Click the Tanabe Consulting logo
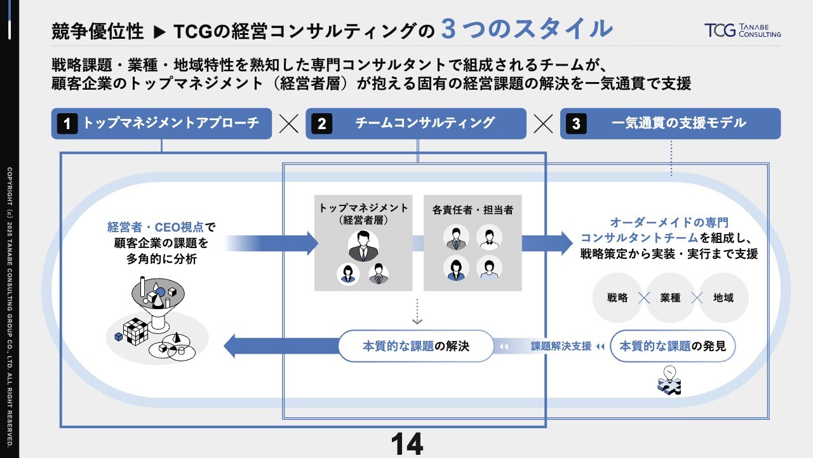(742, 30)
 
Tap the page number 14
(406, 444)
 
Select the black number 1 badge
(67, 123)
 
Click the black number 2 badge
(321, 123)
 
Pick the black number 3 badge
(576, 123)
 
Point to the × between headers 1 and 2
(289, 123)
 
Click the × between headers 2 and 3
(544, 123)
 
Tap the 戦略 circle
(617, 298)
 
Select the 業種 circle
(670, 298)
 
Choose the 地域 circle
(723, 298)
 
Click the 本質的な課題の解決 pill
(415, 346)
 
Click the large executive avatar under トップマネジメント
(363, 246)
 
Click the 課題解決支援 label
(561, 347)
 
